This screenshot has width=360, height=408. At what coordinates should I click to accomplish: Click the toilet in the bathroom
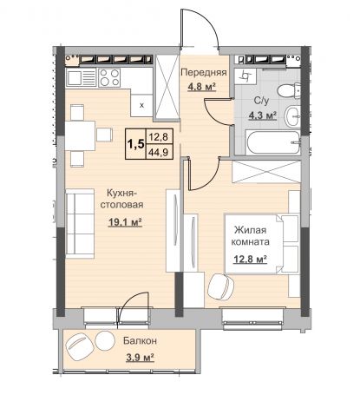click(x=289, y=90)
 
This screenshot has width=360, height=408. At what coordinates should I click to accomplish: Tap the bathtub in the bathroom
click(x=273, y=142)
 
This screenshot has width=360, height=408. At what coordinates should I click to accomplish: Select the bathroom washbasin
click(x=292, y=115)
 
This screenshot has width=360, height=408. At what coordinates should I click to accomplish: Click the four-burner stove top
click(x=109, y=77)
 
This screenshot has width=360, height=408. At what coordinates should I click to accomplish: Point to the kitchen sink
click(x=81, y=77)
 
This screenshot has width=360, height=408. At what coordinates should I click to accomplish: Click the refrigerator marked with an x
click(x=141, y=105)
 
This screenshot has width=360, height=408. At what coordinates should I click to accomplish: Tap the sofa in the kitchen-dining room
click(x=80, y=223)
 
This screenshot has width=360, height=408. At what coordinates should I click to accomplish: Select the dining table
click(x=80, y=135)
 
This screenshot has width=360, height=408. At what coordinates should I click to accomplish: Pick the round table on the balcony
click(x=104, y=340)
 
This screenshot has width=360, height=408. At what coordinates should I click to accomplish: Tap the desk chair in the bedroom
click(x=221, y=286)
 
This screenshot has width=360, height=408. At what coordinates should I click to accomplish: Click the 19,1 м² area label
click(x=125, y=222)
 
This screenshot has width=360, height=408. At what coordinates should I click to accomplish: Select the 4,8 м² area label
click(x=202, y=87)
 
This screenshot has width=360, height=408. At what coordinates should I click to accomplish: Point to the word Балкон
click(x=140, y=340)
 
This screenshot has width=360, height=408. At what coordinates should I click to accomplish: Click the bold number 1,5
click(x=135, y=144)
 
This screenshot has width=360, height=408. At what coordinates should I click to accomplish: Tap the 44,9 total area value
click(x=158, y=152)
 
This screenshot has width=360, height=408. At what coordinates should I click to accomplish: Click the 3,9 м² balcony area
click(x=140, y=358)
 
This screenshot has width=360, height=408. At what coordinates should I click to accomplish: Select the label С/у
click(x=262, y=101)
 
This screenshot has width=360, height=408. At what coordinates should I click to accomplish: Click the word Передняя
click(x=204, y=72)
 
